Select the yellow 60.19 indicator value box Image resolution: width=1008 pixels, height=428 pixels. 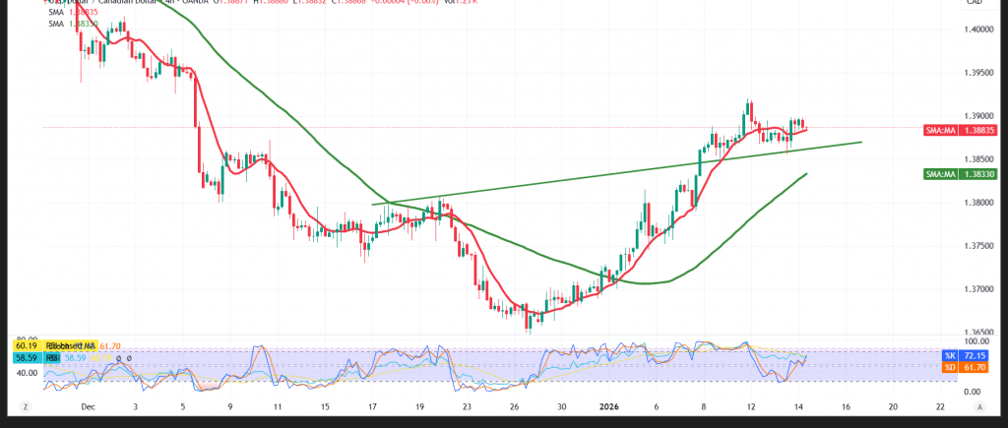click(x=26, y=346)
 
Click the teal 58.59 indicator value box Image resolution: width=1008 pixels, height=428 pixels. click(x=26, y=360)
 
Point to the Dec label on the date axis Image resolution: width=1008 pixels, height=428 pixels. click(x=87, y=406)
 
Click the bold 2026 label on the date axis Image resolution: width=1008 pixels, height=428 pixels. click(x=607, y=406)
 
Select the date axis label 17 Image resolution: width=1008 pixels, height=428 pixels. click(x=373, y=406)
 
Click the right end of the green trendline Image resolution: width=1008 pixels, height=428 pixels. click(x=862, y=142)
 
